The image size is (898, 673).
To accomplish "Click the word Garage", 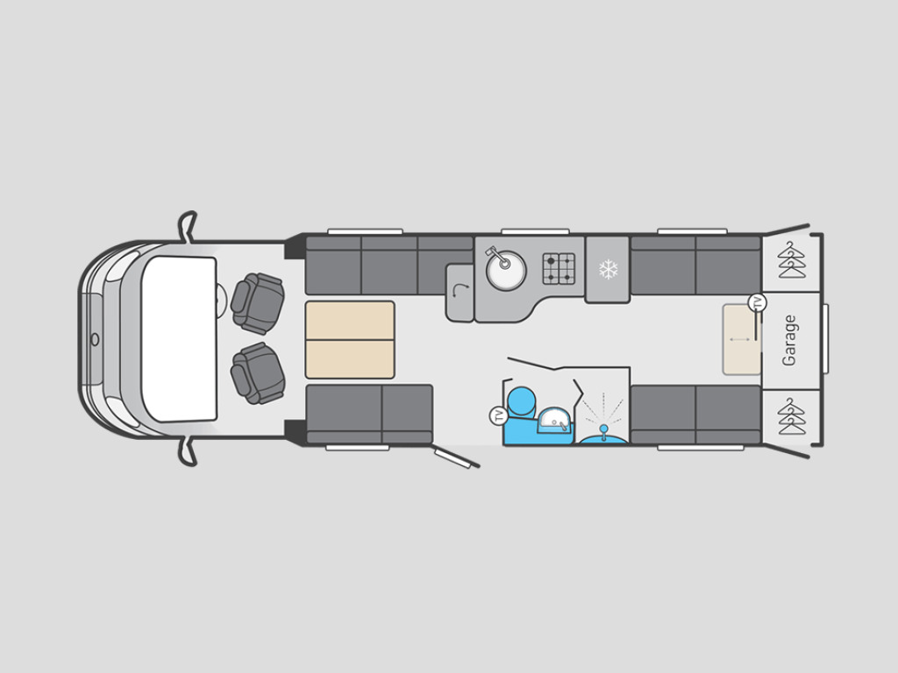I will [x=790, y=340].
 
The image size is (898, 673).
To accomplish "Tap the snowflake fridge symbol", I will [x=608, y=269].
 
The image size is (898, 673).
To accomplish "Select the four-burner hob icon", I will [x=559, y=268].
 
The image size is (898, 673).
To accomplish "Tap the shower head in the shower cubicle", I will [x=603, y=429].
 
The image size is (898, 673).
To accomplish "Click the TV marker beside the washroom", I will [x=499, y=415].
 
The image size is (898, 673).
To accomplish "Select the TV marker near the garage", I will [x=757, y=303].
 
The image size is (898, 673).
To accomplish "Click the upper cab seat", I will [x=258, y=303].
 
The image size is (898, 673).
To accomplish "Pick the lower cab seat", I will [x=258, y=372].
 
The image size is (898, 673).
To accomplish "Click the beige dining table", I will [x=350, y=340].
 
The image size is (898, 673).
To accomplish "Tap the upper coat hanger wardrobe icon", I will [x=791, y=260].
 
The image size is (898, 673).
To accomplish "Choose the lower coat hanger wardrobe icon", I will [x=791, y=416].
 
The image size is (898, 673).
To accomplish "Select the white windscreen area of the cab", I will [x=179, y=338].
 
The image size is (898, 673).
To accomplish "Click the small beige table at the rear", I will [x=740, y=339].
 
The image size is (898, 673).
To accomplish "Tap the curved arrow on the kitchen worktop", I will [x=460, y=292].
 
